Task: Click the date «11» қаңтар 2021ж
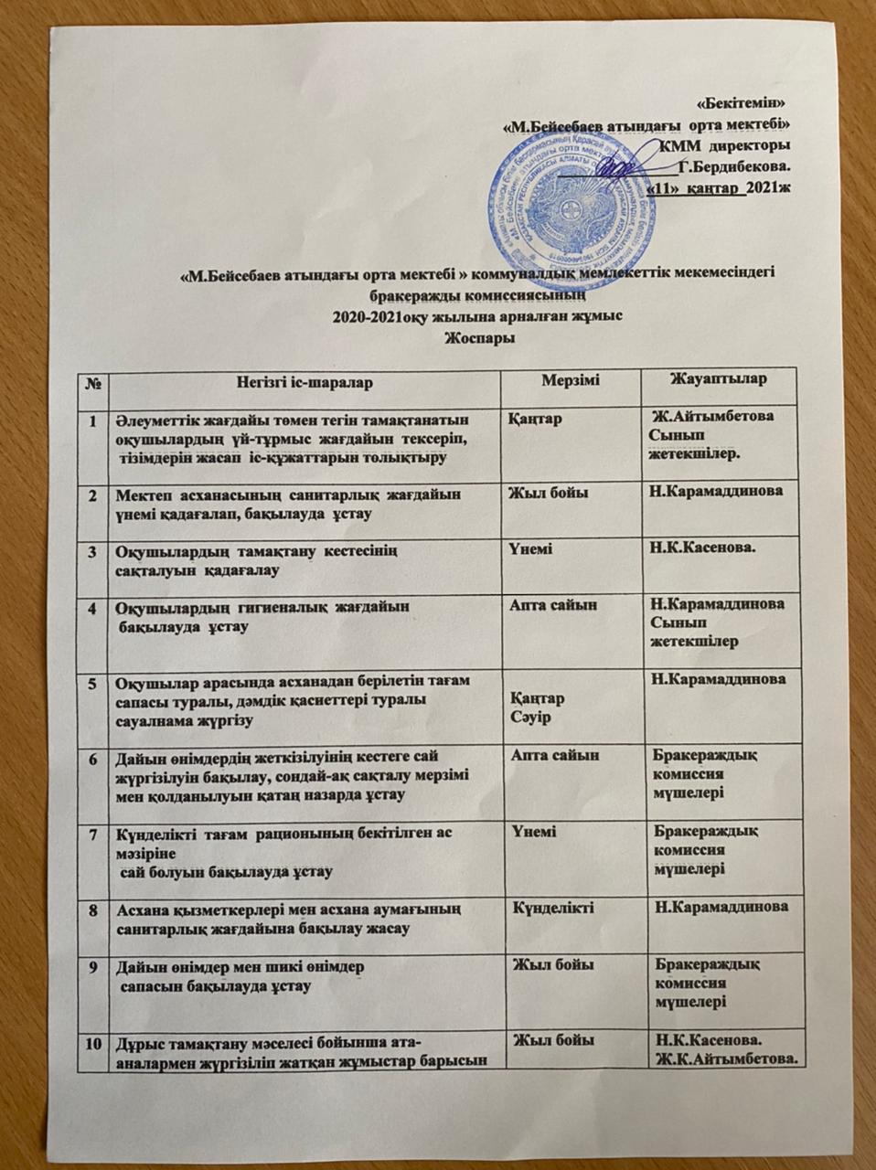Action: (x=718, y=188)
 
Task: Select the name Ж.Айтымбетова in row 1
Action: (x=723, y=416)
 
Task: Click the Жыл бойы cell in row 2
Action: (x=549, y=494)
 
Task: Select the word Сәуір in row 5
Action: (x=529, y=714)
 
